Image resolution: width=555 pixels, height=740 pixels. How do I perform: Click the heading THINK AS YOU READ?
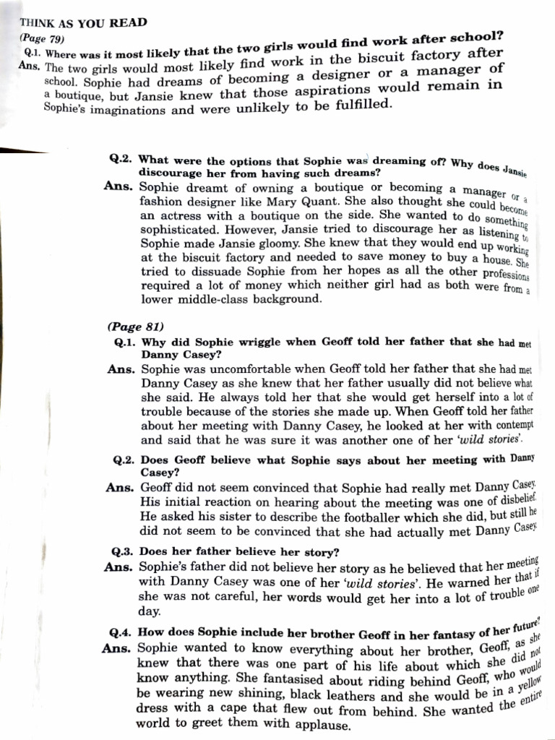tap(84, 22)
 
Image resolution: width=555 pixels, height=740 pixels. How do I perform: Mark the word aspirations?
tap(379, 92)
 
